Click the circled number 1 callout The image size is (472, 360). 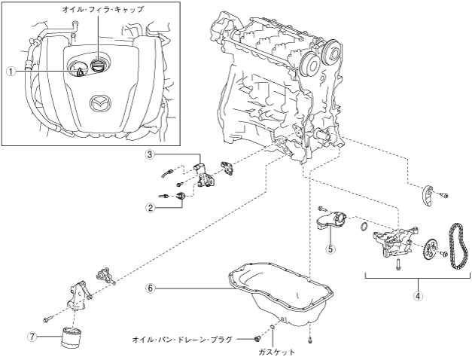coord(11,71)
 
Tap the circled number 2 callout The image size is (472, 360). coord(151,207)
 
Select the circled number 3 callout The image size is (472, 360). coord(151,154)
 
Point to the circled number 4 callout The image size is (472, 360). coord(418,296)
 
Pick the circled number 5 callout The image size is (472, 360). coord(330,249)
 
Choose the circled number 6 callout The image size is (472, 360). coord(151,288)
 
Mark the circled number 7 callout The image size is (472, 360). coord(32,336)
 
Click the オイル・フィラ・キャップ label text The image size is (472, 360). coord(103,9)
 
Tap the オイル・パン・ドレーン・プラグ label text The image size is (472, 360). coord(182,340)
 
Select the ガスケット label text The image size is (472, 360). coord(276,352)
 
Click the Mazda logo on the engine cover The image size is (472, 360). coord(100,103)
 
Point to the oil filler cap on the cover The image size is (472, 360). coord(97,66)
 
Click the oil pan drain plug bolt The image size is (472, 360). coord(257,339)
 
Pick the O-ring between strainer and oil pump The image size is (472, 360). coord(364,227)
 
